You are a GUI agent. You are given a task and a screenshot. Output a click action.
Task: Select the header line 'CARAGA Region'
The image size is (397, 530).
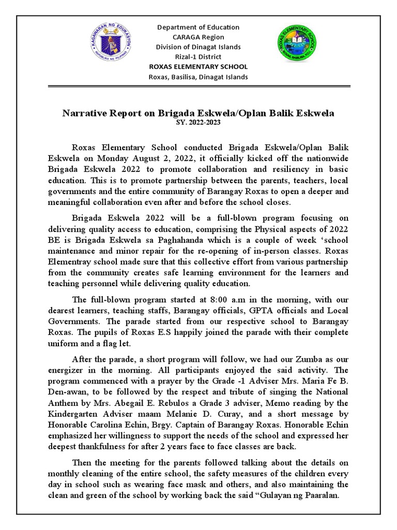pyautogui.click(x=198, y=37)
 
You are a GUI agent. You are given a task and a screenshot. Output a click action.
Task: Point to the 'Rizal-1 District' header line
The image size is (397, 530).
pyautogui.click(x=198, y=56)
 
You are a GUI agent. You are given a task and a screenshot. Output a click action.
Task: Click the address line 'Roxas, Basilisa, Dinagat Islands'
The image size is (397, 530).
pyautogui.click(x=198, y=77)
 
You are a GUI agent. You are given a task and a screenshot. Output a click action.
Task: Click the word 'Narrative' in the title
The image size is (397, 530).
pyautogui.click(x=85, y=112)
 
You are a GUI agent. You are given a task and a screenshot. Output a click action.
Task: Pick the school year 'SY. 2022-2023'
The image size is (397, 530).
pyautogui.click(x=198, y=121)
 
